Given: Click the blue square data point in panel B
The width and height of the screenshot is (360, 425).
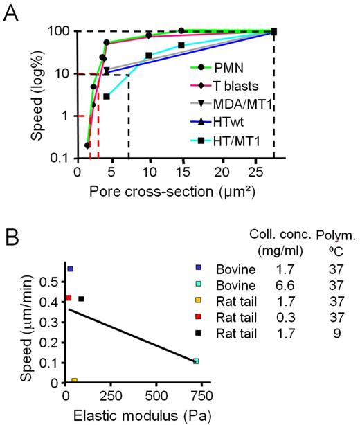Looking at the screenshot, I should pos(70,269).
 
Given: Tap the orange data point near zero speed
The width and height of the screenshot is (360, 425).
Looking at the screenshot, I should pos(74,381).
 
